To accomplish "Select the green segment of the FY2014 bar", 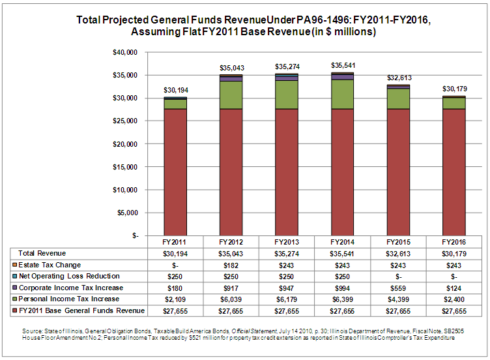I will point(341,94).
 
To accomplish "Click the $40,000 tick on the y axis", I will point(124,52).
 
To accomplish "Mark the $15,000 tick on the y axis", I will point(124,166).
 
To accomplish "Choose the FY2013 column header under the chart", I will point(286,241).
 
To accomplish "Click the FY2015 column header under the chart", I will point(397,241).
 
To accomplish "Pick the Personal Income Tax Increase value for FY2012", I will point(231,299).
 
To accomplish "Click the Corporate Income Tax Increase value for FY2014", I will point(342,287).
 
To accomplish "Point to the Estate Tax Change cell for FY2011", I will point(175,264).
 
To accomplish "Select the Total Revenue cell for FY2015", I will point(397,253).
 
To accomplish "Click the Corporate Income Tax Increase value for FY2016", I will point(454,287).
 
